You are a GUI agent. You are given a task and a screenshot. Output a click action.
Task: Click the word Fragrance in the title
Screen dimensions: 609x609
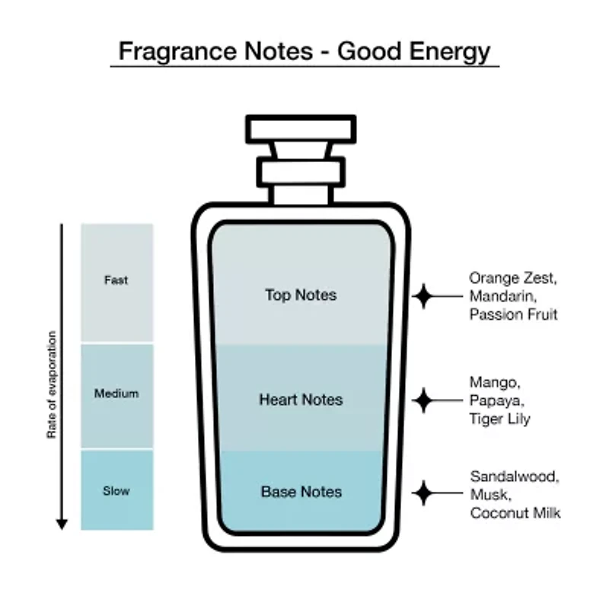point(177,51)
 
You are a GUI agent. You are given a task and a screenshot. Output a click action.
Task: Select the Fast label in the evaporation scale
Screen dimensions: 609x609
point(116,280)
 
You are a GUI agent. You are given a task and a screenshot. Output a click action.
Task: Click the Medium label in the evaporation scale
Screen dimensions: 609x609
point(116,394)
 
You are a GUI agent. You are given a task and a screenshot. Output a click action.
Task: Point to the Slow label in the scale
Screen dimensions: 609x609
point(116,491)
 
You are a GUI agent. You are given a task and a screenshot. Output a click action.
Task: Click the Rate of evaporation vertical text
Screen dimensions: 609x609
point(52,385)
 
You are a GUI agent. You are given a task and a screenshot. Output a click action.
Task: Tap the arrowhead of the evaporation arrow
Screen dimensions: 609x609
point(62,524)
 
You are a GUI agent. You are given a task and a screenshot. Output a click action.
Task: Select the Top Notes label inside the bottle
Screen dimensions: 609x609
point(301,295)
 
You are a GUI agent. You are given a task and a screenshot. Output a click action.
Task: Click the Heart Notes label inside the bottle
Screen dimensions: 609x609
point(301,400)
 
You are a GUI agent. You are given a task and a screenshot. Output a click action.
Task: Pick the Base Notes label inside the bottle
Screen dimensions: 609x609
point(301,492)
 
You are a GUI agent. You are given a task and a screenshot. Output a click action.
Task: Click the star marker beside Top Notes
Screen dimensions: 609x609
point(424,296)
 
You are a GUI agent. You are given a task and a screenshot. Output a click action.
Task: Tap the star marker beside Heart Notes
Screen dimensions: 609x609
point(423,400)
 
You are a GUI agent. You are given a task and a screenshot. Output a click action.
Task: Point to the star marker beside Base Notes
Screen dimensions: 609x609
point(424,493)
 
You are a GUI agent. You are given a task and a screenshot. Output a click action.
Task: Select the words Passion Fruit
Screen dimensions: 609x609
point(513,314)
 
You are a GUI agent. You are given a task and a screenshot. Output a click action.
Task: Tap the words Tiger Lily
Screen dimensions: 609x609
point(499,419)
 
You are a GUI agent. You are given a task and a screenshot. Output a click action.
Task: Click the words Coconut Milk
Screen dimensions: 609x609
point(515,513)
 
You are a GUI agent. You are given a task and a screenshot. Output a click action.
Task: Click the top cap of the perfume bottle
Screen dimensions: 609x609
point(301,129)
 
